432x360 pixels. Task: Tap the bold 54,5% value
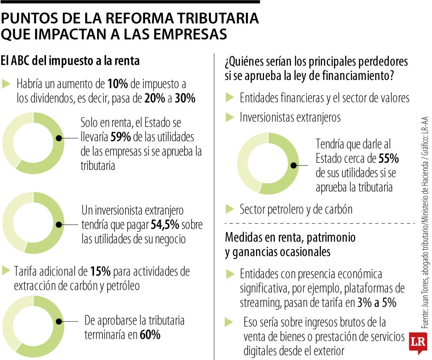tap(165, 225)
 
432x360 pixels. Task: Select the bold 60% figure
tap(150, 335)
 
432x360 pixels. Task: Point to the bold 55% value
tap(388, 159)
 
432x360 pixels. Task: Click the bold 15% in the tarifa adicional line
tap(100, 272)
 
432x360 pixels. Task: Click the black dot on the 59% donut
tap(59, 138)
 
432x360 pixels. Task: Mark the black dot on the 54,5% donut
tap(59, 225)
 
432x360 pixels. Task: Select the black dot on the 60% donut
tap(59, 321)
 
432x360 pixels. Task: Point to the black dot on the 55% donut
tap(294, 165)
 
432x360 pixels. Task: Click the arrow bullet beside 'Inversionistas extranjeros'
tap(230, 117)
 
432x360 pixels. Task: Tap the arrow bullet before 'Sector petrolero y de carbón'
tap(230, 209)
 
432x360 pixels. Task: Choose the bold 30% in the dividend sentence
tap(185, 98)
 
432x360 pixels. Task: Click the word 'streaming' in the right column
tap(260, 303)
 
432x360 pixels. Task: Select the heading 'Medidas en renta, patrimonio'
tap(290, 237)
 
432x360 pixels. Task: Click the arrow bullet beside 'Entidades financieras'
tap(230, 97)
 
